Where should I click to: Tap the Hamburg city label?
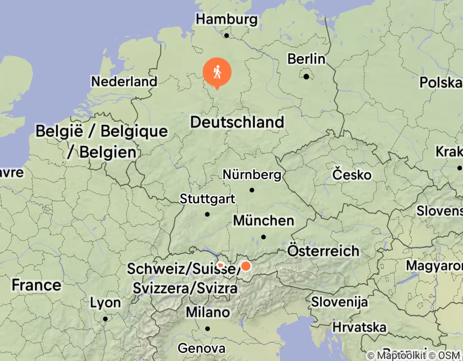tap(226, 20)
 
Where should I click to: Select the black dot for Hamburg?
tap(226, 36)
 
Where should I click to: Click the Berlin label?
tap(306, 59)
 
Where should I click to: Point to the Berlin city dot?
tap(306, 77)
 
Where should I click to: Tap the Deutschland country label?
tap(237, 122)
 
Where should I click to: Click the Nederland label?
tap(124, 81)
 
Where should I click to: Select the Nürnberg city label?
tap(252, 175)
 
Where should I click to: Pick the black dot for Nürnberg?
tap(252, 190)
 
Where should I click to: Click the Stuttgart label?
tap(207, 199)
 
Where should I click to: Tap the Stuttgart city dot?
tap(207, 214)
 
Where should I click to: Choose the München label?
tap(263, 221)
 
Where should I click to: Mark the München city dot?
tap(263, 237)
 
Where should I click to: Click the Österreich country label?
tap(323, 251)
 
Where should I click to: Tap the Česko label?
tap(352, 175)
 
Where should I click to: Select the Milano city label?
tap(208, 312)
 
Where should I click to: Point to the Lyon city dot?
tap(105, 319)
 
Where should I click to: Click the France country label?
tap(36, 285)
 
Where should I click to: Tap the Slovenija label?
tap(339, 302)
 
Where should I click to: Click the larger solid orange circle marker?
tap(246, 266)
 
